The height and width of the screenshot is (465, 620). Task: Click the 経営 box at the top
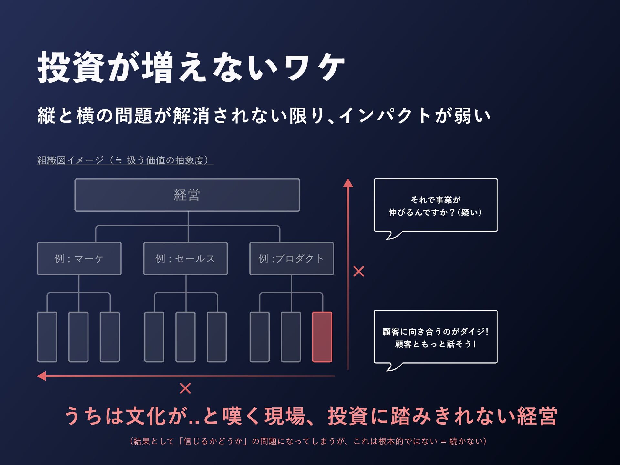187,195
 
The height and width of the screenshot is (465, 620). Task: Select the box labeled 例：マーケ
79,259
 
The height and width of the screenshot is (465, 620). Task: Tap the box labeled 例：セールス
185,259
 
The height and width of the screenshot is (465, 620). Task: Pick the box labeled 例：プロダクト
291,259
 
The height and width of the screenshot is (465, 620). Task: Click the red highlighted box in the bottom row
322,337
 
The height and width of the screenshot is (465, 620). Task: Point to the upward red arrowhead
348,183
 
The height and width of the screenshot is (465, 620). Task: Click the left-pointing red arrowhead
42,376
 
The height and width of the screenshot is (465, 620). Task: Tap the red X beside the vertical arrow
359,271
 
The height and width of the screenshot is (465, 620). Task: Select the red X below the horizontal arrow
185,388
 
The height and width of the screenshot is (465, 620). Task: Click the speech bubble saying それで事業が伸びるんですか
435,205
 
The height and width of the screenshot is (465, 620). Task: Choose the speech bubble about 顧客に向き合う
435,337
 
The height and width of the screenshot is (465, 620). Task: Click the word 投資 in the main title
71,68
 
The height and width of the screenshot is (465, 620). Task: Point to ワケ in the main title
314,68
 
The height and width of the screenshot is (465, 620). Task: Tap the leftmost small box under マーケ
47,337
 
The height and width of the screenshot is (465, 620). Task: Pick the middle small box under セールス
185,337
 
